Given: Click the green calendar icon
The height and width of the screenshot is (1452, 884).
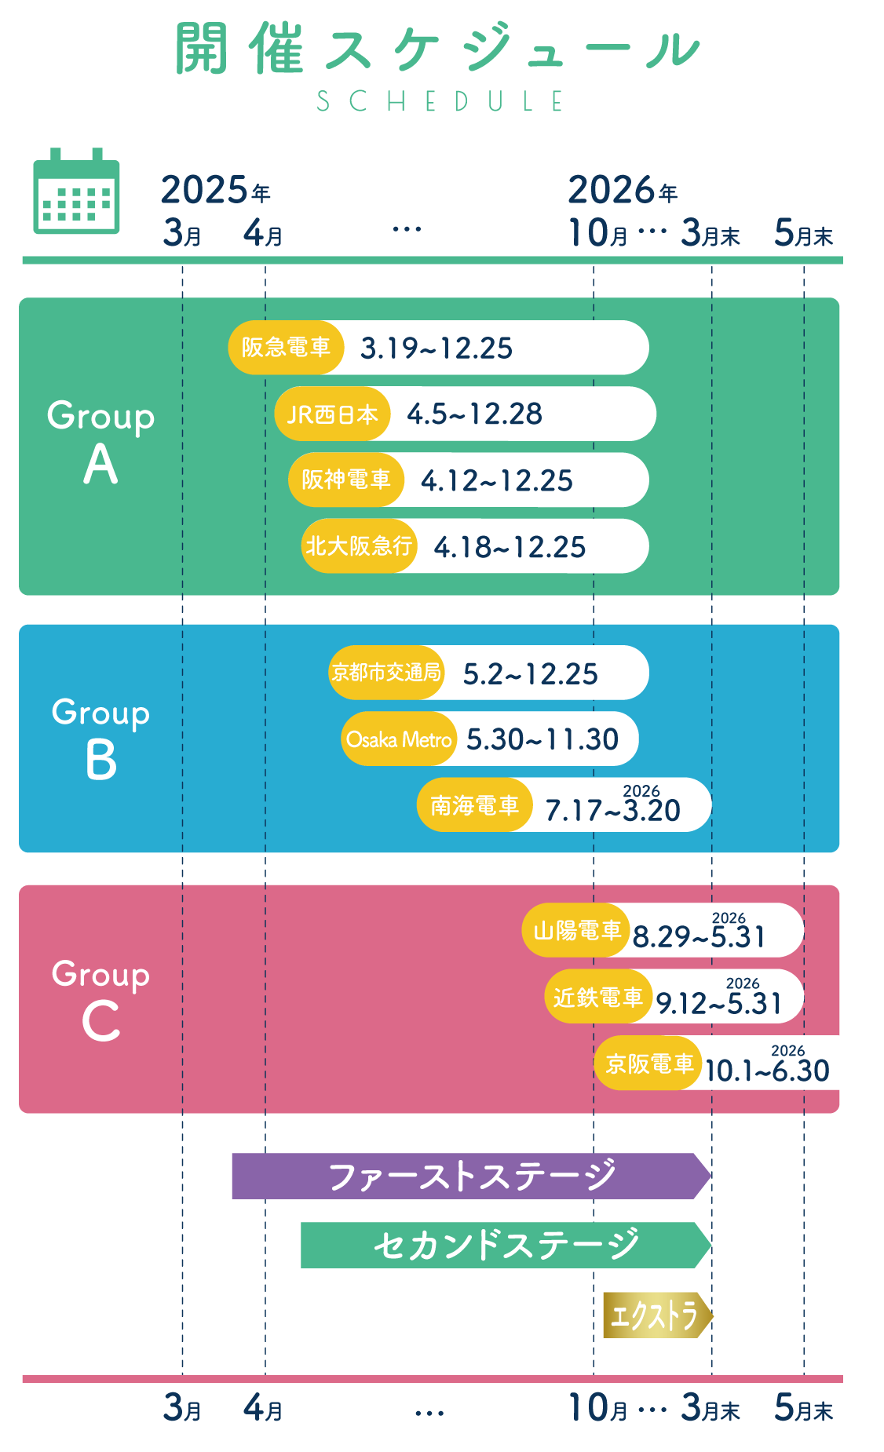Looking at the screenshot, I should pos(76,192).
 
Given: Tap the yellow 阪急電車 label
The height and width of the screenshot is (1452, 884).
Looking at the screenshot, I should pos(286,348).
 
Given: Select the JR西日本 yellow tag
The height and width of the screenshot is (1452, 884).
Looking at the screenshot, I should pos(332,414).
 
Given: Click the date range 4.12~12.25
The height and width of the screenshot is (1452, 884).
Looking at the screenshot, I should pos(497,480).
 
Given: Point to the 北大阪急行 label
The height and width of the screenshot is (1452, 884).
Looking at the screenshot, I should pos(359,546).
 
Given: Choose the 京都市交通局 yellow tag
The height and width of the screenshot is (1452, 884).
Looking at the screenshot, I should pos(386,673).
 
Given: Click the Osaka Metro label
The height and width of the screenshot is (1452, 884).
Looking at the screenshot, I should pos(399,739).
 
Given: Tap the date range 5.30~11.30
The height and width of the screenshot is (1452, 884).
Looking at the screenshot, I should pos(542,739).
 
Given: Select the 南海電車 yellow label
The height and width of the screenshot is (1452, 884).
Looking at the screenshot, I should pos(474,805).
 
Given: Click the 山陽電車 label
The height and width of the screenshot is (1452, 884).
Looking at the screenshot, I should pos(577,931).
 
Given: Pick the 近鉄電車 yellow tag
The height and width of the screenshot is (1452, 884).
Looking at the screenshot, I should pos(598,998).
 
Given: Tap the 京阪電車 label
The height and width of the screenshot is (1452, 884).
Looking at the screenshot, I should pos(648,1063).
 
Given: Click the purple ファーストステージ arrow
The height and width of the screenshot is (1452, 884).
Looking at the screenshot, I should pos(471,1176).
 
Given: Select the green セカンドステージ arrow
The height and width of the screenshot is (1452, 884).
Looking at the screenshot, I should pos(506,1245).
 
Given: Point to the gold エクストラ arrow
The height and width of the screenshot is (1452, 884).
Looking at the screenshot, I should pos(656,1315).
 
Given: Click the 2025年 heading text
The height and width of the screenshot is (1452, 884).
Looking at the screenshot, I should pos(215,191).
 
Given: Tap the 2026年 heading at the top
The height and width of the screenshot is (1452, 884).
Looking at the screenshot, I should pos(622,191).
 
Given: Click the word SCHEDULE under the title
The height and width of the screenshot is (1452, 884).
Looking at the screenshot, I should pos(440,101).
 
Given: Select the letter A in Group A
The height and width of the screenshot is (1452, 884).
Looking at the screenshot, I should pos(100,465).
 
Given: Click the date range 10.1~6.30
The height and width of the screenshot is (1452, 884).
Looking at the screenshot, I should pos(767,1071).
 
